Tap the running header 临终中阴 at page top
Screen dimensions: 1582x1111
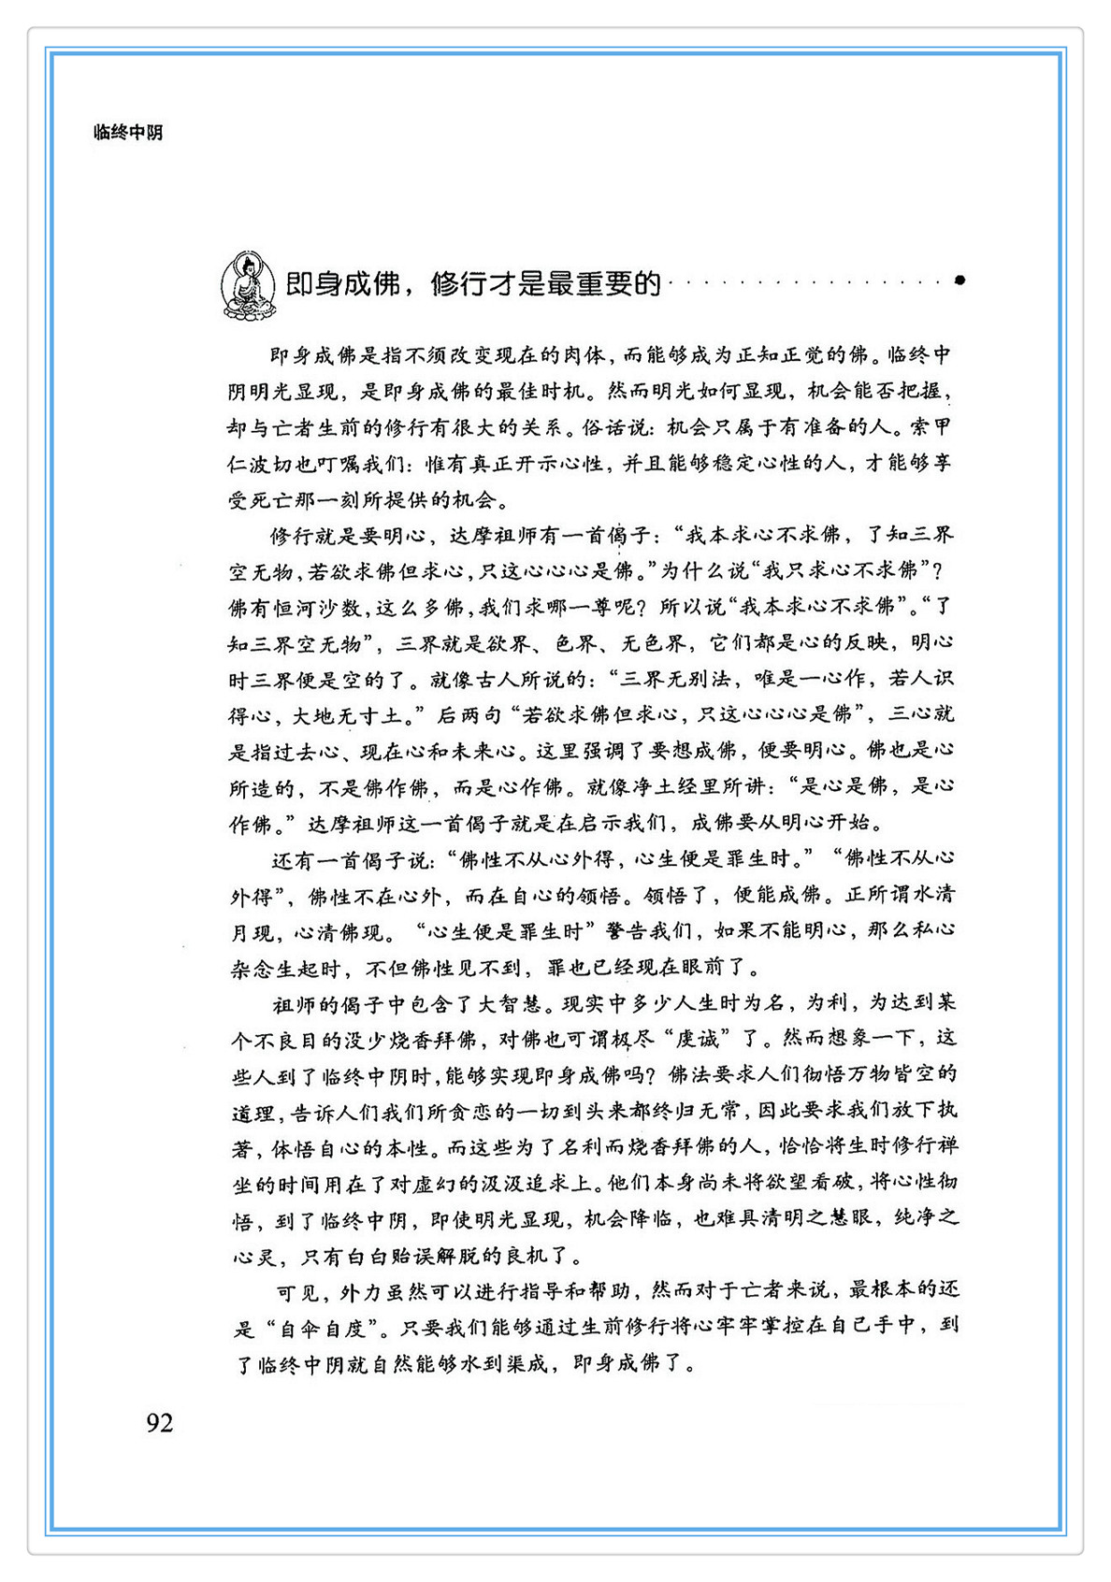pos(128,133)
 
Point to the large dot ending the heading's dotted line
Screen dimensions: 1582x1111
pos(959,280)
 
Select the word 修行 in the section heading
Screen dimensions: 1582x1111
pos(455,283)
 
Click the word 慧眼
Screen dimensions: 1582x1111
pos(848,1218)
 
